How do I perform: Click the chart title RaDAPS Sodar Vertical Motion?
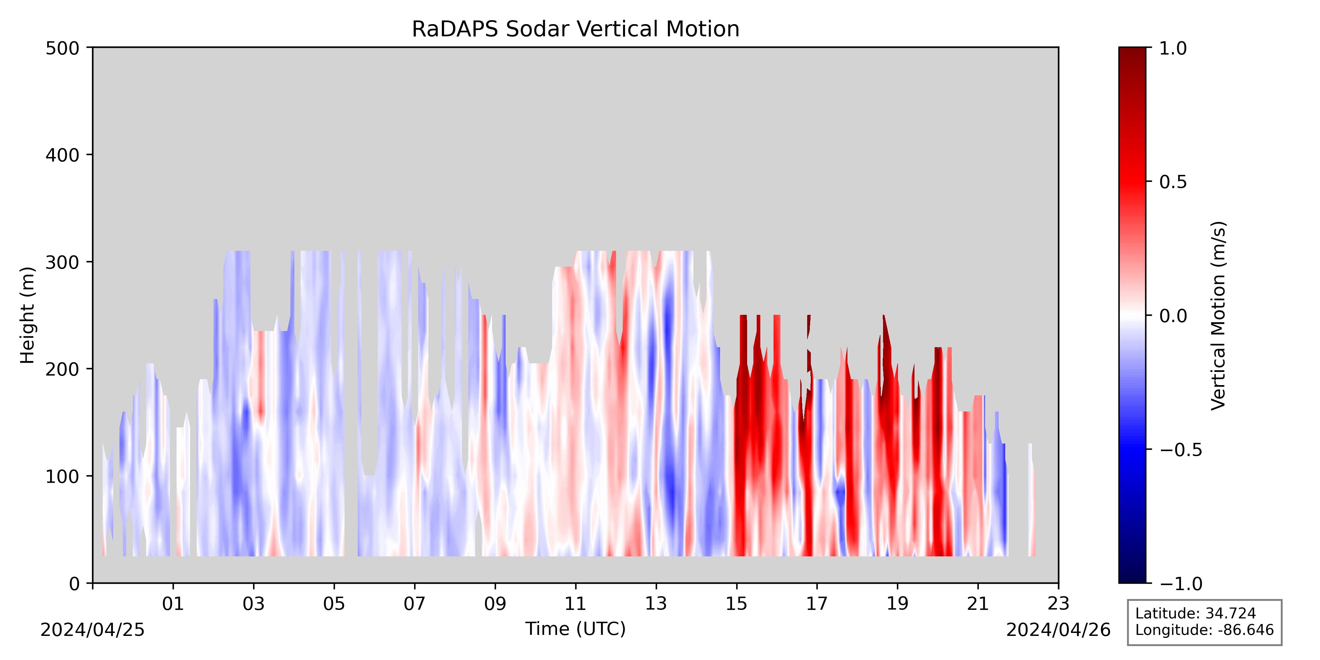(x=576, y=29)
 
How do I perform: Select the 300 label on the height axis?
(x=62, y=262)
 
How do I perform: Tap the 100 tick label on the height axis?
(x=62, y=477)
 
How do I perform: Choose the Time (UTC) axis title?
(x=576, y=629)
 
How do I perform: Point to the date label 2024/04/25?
(x=93, y=630)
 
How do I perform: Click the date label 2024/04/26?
(x=1058, y=630)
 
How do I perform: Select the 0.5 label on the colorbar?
(x=1173, y=182)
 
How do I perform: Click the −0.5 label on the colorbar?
(x=1181, y=449)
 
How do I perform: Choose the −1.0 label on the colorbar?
(x=1181, y=583)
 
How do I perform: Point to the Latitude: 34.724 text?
(x=1196, y=613)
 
